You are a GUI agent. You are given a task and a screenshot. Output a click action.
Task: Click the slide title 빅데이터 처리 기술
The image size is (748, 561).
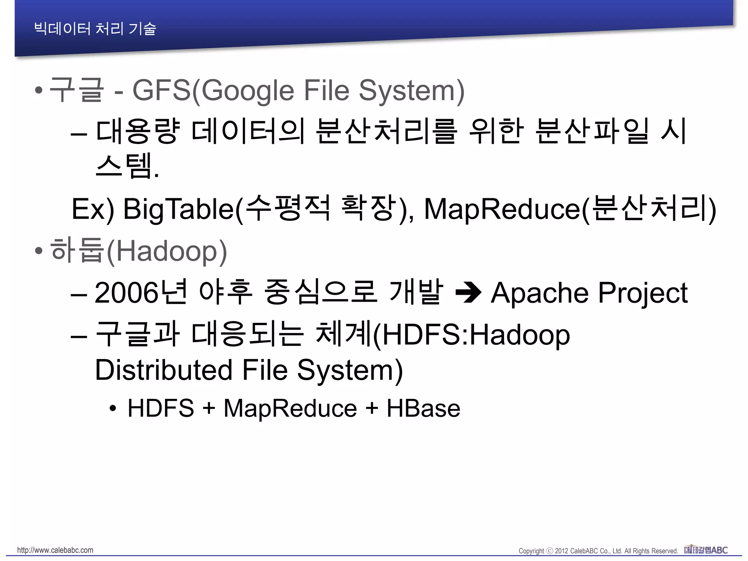[x=95, y=28]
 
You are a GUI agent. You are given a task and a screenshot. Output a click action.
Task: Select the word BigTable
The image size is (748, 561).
[x=178, y=209]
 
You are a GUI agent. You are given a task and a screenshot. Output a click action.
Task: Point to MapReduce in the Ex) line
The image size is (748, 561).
[x=502, y=209]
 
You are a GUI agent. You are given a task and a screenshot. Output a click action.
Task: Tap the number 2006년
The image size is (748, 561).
[x=141, y=293]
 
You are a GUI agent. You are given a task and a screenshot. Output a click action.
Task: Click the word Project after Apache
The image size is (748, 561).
[x=643, y=293]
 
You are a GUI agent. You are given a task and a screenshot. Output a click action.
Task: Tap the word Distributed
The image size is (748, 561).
[x=164, y=370]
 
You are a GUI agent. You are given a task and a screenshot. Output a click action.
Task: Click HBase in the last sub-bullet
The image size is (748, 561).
[x=423, y=408]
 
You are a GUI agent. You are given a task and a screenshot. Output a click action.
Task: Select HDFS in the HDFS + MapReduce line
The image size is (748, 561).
[x=161, y=408]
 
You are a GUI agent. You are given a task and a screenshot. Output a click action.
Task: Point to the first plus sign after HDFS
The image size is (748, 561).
[x=209, y=408]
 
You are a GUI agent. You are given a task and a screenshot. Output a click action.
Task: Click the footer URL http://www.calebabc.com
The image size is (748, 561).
[x=55, y=550]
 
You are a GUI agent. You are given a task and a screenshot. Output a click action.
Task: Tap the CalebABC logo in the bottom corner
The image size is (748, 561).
[x=706, y=550]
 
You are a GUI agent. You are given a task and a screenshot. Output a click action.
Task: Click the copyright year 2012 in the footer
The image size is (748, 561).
[x=561, y=551]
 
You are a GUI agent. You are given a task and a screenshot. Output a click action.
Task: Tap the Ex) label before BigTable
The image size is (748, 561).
[x=93, y=209]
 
